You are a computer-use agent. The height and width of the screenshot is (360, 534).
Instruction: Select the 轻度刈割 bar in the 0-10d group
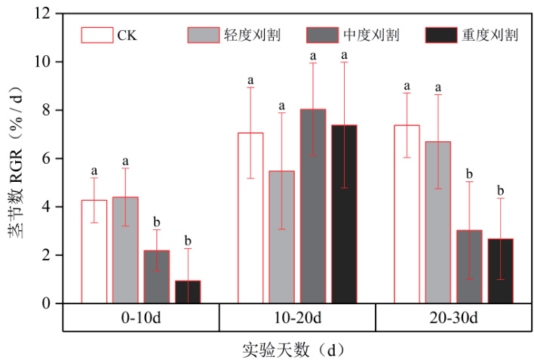tap(125, 250)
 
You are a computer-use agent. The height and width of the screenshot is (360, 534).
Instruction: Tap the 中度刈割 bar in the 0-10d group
tap(157, 276)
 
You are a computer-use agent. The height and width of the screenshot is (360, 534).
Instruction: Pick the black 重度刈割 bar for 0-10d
tap(188, 291)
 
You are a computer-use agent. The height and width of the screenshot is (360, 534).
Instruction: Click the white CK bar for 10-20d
tap(250, 218)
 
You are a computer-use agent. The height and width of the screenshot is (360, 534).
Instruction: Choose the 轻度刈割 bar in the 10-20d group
tap(281, 237)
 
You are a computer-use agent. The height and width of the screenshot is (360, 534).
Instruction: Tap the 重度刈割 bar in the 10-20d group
tap(344, 214)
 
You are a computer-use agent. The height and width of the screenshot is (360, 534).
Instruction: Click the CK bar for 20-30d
tap(407, 214)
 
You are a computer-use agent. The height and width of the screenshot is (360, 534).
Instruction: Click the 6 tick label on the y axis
tap(49, 158)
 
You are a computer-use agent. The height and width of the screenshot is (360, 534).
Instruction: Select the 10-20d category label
tap(297, 317)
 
